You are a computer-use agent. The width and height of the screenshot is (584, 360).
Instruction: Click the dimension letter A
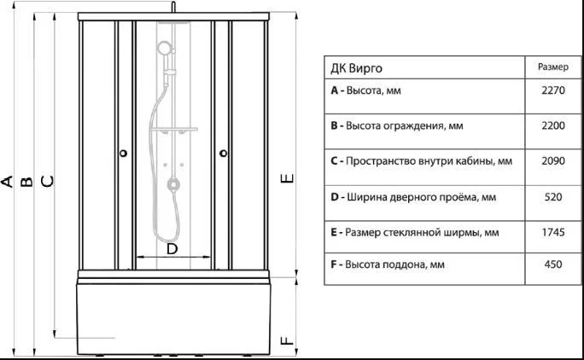pyautogui.click(x=7, y=182)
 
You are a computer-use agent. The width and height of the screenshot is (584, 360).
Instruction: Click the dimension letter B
pyautogui.click(x=26, y=182)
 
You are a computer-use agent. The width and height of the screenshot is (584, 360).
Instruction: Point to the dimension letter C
pyautogui.click(x=47, y=181)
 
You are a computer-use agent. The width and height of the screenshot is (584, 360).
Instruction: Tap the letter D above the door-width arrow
pyautogui.click(x=172, y=248)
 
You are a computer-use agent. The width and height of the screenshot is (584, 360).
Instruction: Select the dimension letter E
pyautogui.click(x=287, y=178)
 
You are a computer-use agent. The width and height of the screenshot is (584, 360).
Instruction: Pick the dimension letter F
pyautogui.click(x=287, y=340)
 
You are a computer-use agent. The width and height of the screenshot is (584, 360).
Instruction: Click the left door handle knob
pyautogui.click(x=124, y=153)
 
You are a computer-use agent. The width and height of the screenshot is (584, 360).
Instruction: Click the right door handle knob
pyautogui.click(x=224, y=153)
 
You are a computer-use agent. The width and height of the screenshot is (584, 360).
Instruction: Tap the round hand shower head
pyautogui.click(x=164, y=49)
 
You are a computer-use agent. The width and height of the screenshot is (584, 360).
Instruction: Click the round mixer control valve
pyautogui.click(x=172, y=184)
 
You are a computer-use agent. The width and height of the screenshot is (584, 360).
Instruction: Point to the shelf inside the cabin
pyautogui.click(x=173, y=130)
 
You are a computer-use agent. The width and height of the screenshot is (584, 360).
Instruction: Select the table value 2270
pyautogui.click(x=553, y=90)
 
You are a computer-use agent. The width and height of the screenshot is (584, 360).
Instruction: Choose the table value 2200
pyautogui.click(x=553, y=125)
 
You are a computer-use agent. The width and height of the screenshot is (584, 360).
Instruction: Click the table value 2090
pyautogui.click(x=553, y=161)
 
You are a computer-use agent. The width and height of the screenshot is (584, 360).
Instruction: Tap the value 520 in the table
pyautogui.click(x=553, y=196)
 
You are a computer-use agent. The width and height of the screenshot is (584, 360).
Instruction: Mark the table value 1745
pyautogui.click(x=553, y=232)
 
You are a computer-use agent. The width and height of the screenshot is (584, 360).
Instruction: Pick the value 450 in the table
pyautogui.click(x=553, y=264)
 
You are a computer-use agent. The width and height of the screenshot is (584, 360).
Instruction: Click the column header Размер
pyautogui.click(x=553, y=67)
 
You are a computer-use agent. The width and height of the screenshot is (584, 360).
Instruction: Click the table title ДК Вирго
pyautogui.click(x=356, y=68)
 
